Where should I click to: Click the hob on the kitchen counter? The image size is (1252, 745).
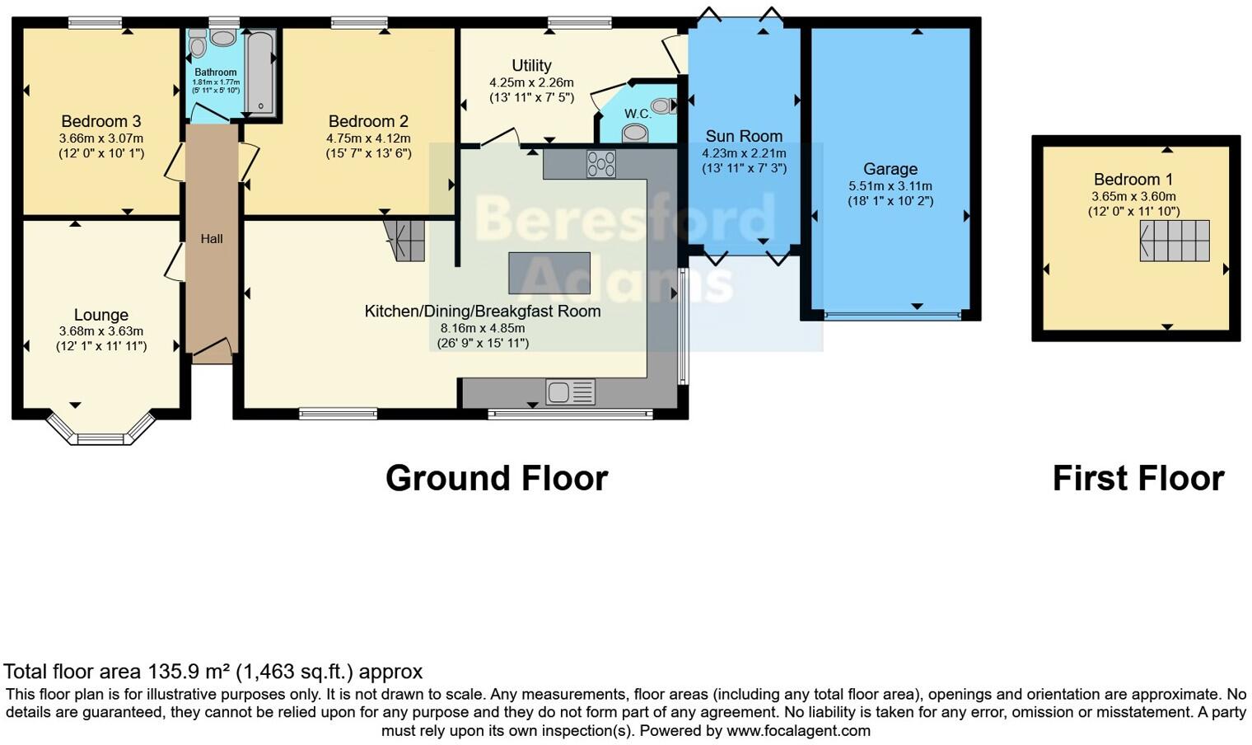click(600, 164)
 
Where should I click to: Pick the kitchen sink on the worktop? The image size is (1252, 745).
click(570, 392)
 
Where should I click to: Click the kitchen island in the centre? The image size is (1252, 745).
click(549, 273)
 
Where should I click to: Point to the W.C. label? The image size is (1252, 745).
click(638, 114)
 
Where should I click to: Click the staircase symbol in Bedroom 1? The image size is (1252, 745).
click(1175, 241)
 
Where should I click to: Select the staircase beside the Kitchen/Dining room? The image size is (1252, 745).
click(404, 240)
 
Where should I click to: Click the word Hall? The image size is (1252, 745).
click(212, 239)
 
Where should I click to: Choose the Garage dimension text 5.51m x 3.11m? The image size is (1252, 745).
click(890, 186)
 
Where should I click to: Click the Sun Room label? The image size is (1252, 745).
click(744, 136)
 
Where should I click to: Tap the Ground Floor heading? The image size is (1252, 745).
click(497, 478)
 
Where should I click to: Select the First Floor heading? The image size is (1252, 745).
click(1138, 478)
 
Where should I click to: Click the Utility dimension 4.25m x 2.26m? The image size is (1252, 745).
click(531, 82)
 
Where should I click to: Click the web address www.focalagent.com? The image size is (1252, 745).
click(798, 730)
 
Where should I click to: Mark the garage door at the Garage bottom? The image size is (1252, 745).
click(893, 315)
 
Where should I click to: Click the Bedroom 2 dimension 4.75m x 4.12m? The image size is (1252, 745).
click(368, 138)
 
